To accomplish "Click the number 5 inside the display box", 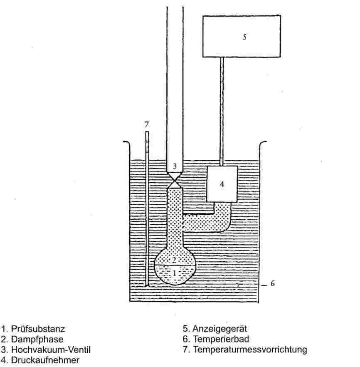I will pos(245,37).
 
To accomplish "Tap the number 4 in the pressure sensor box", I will pos(222,184).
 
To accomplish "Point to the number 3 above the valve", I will pos(175,166).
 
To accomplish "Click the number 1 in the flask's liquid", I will pos(175,273).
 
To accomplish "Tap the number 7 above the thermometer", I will pos(146,124).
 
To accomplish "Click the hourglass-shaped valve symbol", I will pos(175,181).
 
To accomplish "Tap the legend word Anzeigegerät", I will pos(220,329).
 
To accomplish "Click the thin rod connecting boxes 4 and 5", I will pos(222,111).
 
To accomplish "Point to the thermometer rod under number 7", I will pos(147,208).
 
